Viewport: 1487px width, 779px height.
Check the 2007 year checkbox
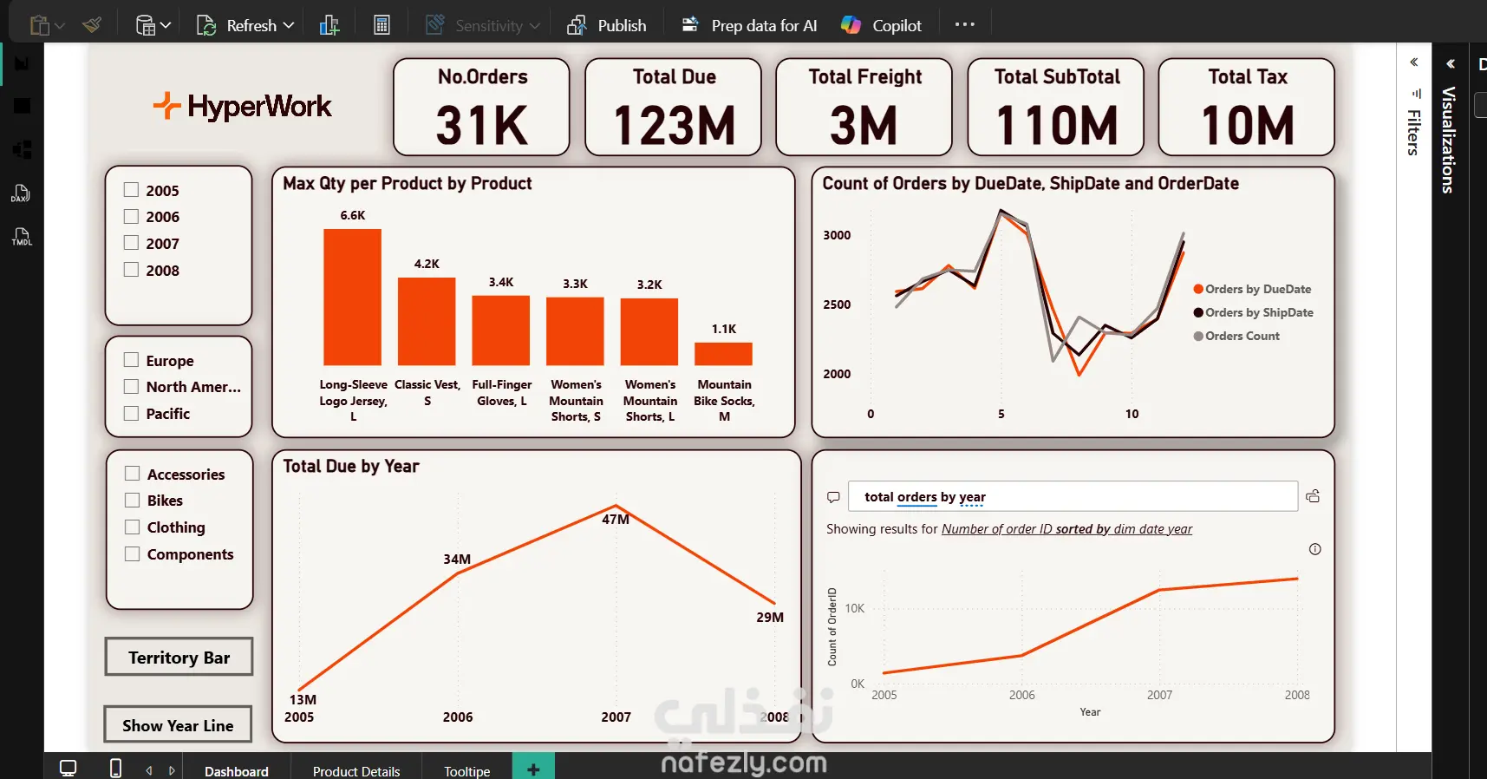click(132, 243)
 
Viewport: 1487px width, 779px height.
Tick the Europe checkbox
click(132, 360)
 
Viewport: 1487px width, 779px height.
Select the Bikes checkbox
click(133, 501)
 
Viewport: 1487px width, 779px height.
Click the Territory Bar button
click(179, 658)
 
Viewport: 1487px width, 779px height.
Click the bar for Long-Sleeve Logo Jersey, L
click(352, 297)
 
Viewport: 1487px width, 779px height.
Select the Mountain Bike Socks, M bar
click(723, 354)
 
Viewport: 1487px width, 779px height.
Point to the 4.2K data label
click(427, 264)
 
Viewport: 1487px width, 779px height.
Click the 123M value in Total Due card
click(674, 126)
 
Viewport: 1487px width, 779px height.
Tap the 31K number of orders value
click(481, 126)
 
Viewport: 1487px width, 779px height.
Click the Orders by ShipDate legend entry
click(1258, 312)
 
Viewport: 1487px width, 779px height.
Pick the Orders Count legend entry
click(1242, 336)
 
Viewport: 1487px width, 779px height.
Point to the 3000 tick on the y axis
click(837, 235)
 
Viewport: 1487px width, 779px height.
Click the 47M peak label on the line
click(616, 520)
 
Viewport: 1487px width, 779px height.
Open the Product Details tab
click(356, 770)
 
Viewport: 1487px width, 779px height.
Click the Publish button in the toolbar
click(608, 25)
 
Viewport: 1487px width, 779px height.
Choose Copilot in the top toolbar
click(882, 25)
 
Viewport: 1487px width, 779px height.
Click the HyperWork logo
click(243, 107)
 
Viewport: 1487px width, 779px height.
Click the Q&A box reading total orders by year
click(1072, 497)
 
